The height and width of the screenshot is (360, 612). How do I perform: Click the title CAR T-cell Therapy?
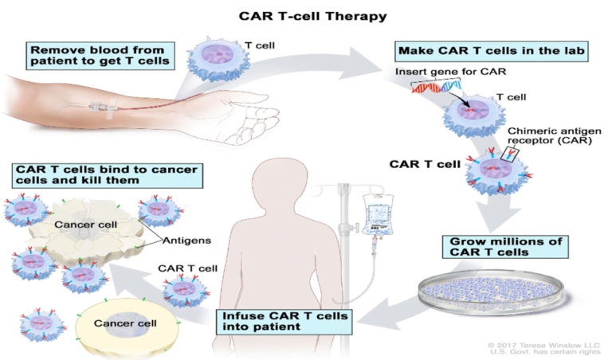(307, 15)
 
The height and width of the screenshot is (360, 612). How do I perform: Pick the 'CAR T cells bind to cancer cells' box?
(104, 175)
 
